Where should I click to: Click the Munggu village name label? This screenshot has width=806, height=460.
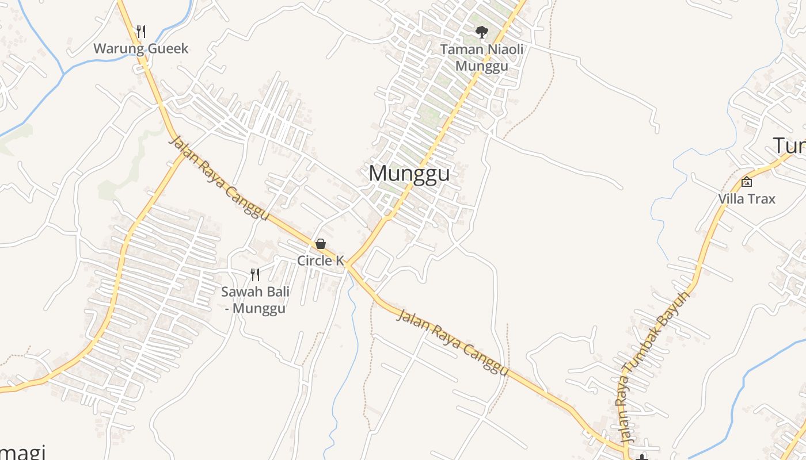409,173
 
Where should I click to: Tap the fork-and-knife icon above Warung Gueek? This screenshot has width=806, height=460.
141,31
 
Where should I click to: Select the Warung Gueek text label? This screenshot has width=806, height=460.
141,48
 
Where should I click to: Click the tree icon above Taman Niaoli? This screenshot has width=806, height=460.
482,32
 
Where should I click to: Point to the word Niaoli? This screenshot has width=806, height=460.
503,49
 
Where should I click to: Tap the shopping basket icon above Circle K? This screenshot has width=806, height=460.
321,244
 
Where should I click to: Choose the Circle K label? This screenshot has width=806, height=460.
320,260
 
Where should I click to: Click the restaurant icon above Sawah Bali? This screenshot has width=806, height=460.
255,274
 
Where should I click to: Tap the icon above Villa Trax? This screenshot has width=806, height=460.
747,182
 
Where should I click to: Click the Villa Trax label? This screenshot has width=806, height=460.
747,199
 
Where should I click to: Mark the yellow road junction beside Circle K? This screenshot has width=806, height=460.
347,266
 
